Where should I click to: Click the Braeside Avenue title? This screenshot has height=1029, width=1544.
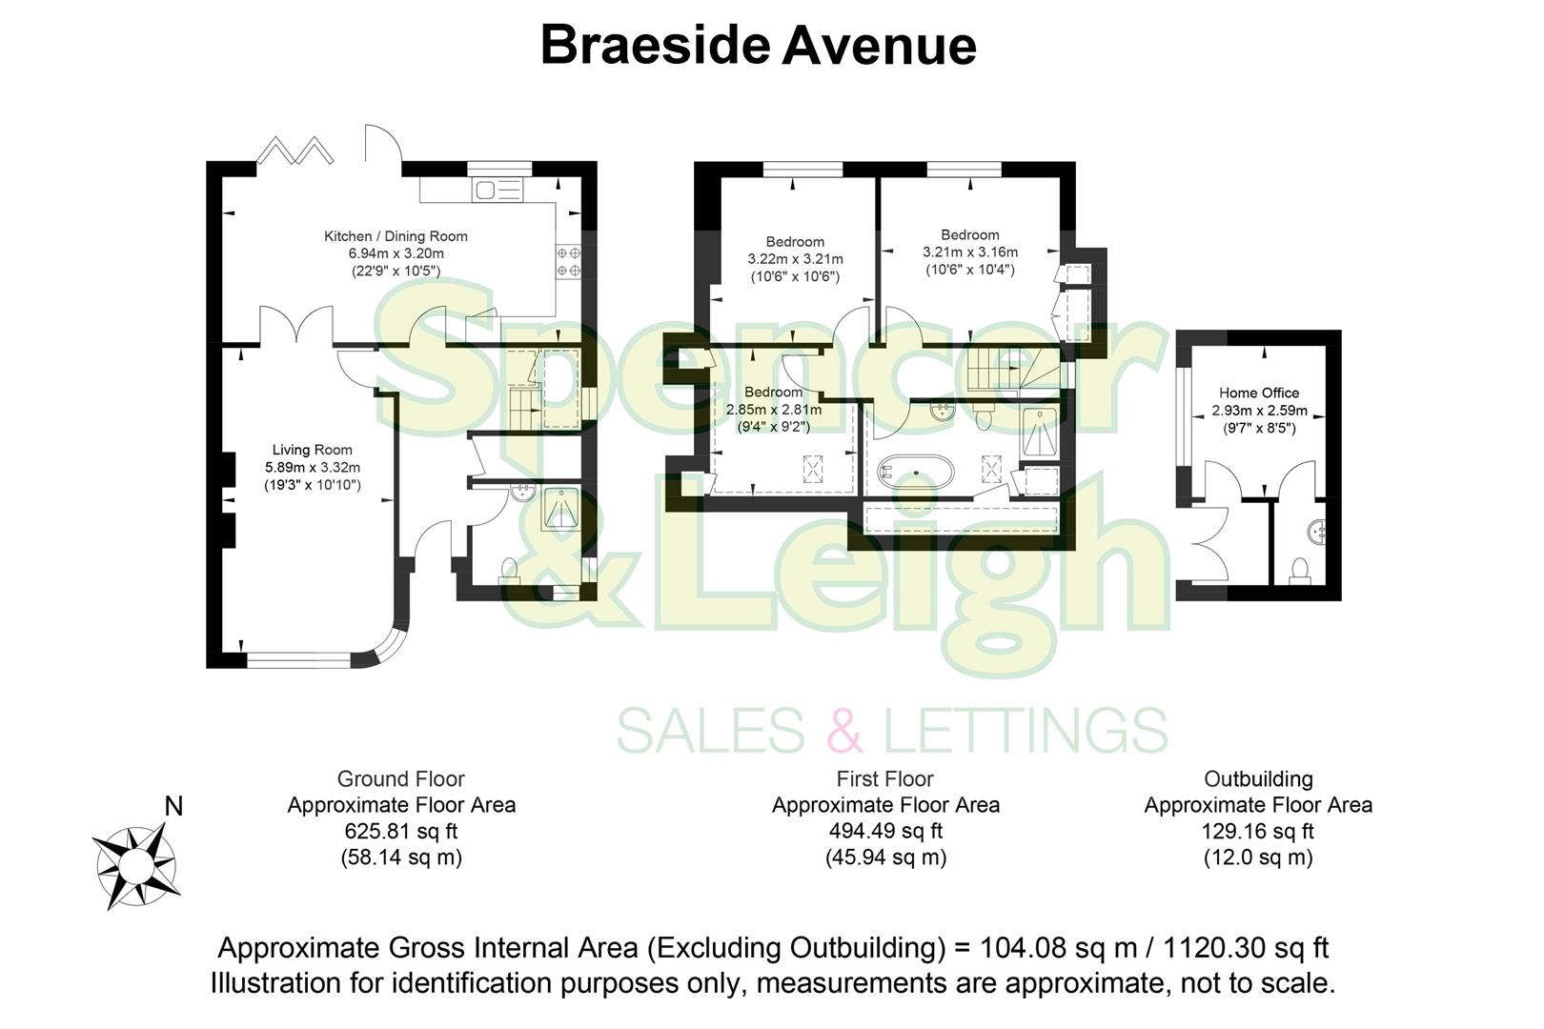point(758,46)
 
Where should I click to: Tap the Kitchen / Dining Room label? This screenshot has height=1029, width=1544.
point(396,236)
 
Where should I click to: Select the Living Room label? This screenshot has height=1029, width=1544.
point(312,450)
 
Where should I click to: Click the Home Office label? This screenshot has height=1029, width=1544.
point(1258,393)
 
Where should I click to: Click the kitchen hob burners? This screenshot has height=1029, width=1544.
point(569,262)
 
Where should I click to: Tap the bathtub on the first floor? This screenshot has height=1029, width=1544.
point(915,472)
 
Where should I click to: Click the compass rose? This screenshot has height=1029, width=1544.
point(135,866)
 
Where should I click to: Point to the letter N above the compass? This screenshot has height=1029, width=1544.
point(173,807)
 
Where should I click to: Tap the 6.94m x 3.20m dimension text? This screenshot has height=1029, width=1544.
point(396,253)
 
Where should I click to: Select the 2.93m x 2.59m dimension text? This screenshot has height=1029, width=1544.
point(1258,412)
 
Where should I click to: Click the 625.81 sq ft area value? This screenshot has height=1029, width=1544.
point(401,831)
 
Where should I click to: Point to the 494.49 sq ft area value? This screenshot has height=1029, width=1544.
point(885,831)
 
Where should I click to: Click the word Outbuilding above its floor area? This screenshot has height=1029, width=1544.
point(1258,779)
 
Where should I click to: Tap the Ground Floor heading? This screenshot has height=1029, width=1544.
point(401,779)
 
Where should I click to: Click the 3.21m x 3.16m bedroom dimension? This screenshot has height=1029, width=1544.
point(969,252)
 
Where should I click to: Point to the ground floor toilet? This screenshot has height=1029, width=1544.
point(508,569)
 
